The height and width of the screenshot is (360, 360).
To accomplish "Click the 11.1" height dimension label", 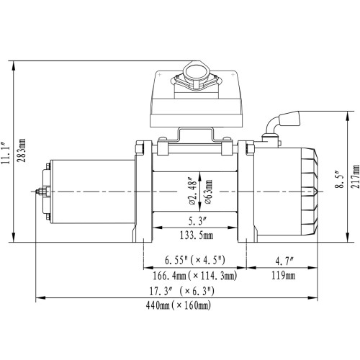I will [x=7, y=153].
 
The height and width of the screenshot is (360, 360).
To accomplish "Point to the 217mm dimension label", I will [x=354, y=177].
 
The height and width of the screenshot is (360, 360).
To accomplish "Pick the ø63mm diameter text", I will [x=208, y=192].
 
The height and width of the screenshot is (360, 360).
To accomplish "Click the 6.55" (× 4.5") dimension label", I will [x=196, y=259].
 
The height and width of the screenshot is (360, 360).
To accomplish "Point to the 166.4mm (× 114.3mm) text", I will [x=196, y=275].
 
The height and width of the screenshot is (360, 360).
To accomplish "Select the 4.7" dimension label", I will [x=284, y=259].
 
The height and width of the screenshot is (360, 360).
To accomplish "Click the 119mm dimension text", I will [x=284, y=275].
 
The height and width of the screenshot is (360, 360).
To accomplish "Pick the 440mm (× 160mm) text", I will [x=179, y=306].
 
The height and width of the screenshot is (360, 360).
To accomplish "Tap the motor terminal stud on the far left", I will [x=37, y=192].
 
